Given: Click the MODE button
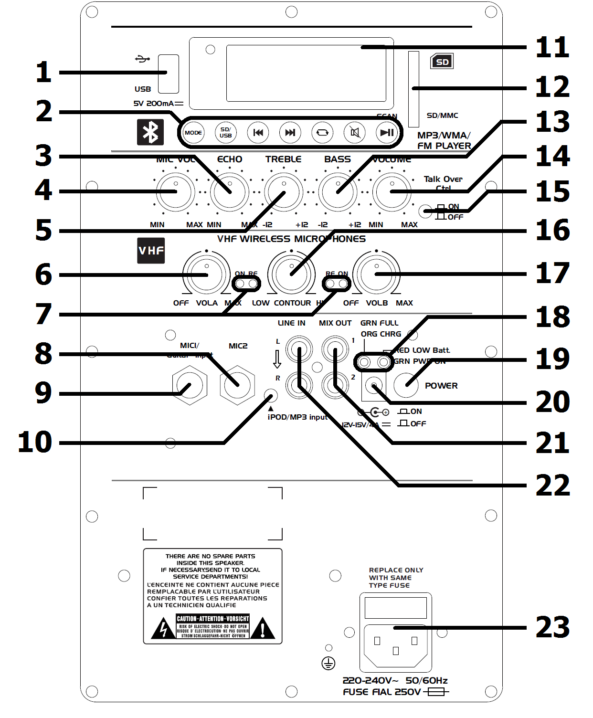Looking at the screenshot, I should click(x=193, y=133).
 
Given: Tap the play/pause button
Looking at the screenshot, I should click(x=387, y=133).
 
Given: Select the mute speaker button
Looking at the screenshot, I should click(x=355, y=133).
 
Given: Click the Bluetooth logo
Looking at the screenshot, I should click(x=150, y=132).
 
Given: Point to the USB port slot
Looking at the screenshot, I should click(x=169, y=74).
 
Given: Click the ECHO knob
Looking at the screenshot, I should click(x=230, y=192).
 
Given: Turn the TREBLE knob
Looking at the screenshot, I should click(x=284, y=192).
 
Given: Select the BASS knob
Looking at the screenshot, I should click(x=338, y=192).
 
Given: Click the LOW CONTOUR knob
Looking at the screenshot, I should click(x=291, y=275).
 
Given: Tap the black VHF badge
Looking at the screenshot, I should click(x=151, y=251).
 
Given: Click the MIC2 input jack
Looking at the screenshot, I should click(x=237, y=385).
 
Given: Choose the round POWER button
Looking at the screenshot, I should click(x=406, y=385).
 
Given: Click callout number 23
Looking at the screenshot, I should click(x=552, y=627).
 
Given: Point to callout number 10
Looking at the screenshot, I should click(x=34, y=442).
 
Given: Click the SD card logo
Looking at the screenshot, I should click(x=442, y=62).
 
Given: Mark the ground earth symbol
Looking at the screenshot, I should click(x=328, y=663).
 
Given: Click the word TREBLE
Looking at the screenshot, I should click(x=283, y=159).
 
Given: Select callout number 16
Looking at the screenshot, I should click(x=552, y=230).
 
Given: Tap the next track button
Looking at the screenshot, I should click(x=290, y=133).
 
